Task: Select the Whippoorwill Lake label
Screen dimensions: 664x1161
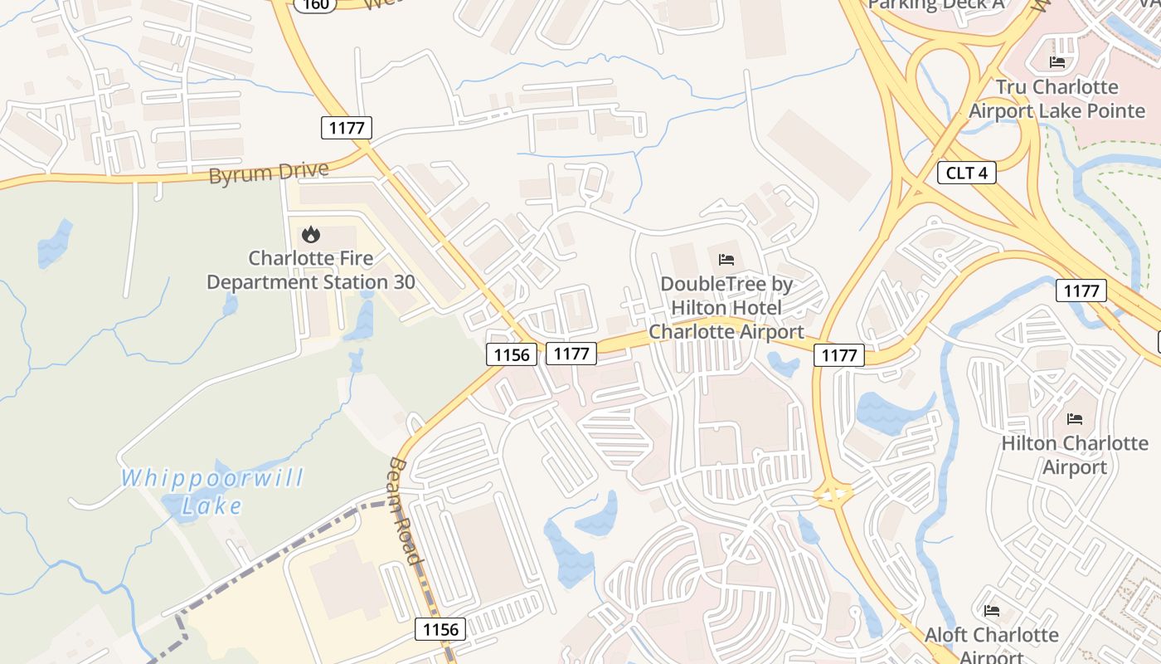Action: [x=212, y=491]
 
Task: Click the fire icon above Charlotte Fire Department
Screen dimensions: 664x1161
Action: [x=311, y=235]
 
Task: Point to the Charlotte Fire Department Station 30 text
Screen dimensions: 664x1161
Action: [x=311, y=271]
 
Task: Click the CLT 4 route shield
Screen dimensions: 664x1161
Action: [x=966, y=173]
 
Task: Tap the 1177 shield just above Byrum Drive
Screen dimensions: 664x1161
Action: [x=347, y=127]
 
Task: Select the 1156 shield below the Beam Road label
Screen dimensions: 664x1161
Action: [x=440, y=629]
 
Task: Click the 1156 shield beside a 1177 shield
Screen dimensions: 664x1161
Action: [x=511, y=354]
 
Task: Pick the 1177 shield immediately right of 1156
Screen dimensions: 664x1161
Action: [x=571, y=354]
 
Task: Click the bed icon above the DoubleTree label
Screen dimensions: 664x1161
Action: [x=726, y=260]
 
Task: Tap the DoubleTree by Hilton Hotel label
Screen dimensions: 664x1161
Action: [x=726, y=308]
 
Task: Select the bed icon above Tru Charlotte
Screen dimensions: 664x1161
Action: [x=1057, y=62]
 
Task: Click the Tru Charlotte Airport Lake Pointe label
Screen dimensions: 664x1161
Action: [x=1057, y=99]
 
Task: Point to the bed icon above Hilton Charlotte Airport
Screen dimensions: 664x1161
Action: [x=1075, y=418]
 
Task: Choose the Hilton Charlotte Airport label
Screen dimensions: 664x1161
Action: [x=1075, y=455]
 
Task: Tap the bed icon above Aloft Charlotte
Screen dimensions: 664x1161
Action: [x=992, y=611]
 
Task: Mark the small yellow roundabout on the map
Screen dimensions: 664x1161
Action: [x=834, y=496]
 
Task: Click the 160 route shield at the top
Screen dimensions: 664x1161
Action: [x=316, y=4]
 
